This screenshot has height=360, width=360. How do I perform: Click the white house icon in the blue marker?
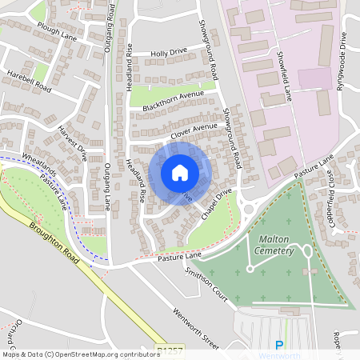[180, 173]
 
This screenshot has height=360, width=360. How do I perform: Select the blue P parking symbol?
[279, 346]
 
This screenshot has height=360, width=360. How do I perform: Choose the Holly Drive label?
[168, 54]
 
